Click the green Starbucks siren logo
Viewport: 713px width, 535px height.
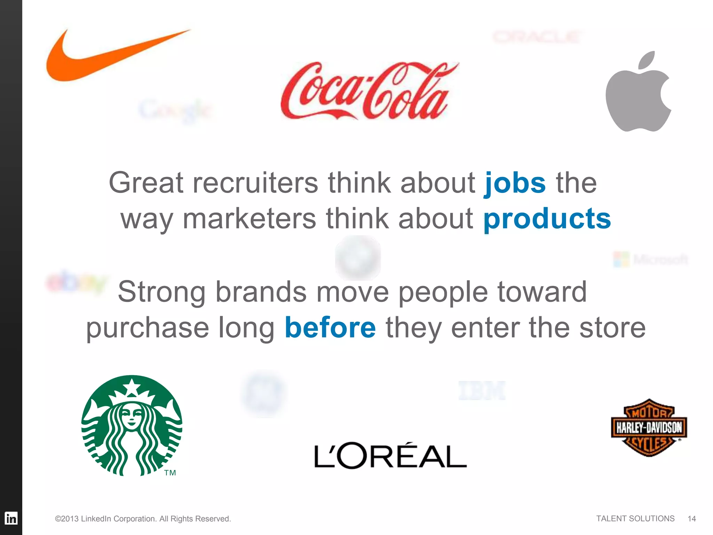coord(132,426)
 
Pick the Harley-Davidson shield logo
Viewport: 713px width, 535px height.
coord(649,428)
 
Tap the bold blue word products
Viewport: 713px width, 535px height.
coord(547,219)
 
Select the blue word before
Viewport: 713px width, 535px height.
coord(330,327)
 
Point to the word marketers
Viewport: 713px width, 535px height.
coord(249,219)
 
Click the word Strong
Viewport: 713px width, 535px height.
coord(162,292)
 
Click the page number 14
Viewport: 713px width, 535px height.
coord(691,519)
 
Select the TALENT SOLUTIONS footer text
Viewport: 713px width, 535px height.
coord(635,519)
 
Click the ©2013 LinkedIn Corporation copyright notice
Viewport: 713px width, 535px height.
coord(143,519)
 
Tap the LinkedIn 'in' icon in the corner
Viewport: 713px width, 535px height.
coord(11,518)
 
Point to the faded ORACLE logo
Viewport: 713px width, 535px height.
coord(536,37)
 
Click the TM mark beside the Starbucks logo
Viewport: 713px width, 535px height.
coord(170,473)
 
